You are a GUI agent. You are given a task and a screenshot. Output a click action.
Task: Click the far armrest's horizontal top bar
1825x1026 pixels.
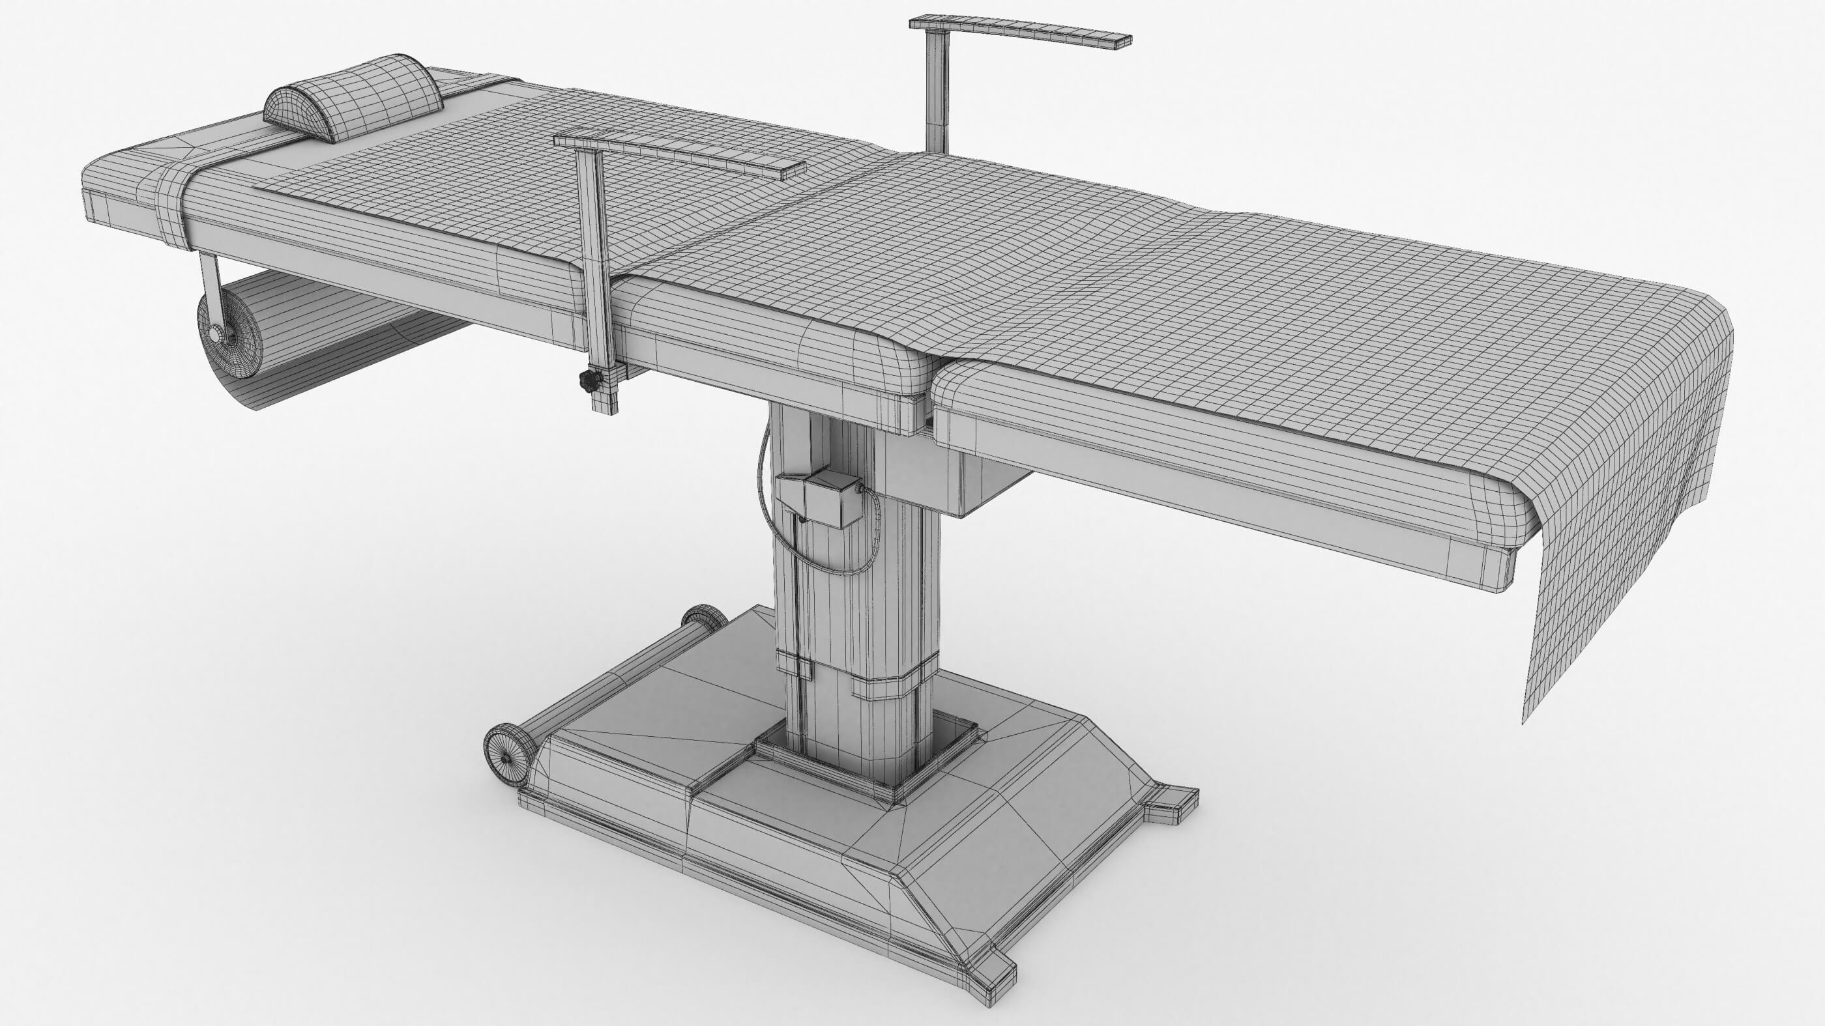click(x=1020, y=32)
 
